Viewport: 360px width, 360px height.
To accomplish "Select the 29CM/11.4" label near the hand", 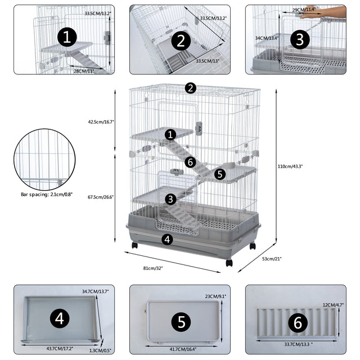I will coord(304,10).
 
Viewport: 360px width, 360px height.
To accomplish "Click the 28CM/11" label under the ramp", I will coord(84,71).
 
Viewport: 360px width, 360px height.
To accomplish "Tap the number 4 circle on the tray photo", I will coord(60,319).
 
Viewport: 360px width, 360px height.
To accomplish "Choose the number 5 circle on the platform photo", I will coord(181,322).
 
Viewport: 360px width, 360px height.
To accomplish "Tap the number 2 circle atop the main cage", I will coord(191,88).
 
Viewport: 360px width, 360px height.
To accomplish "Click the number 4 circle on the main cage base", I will coord(166,239).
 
